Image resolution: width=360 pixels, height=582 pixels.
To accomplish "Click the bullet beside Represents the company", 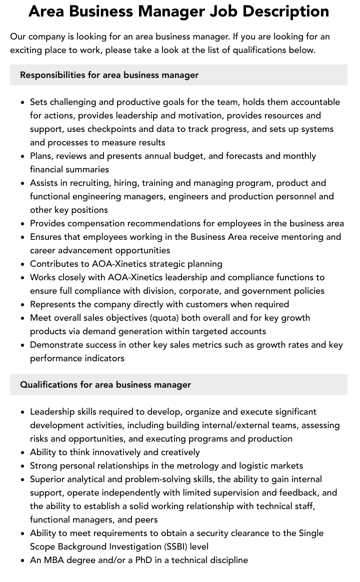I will coord(22,304).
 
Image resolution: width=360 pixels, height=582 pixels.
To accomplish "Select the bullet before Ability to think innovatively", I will coord(22,452).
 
